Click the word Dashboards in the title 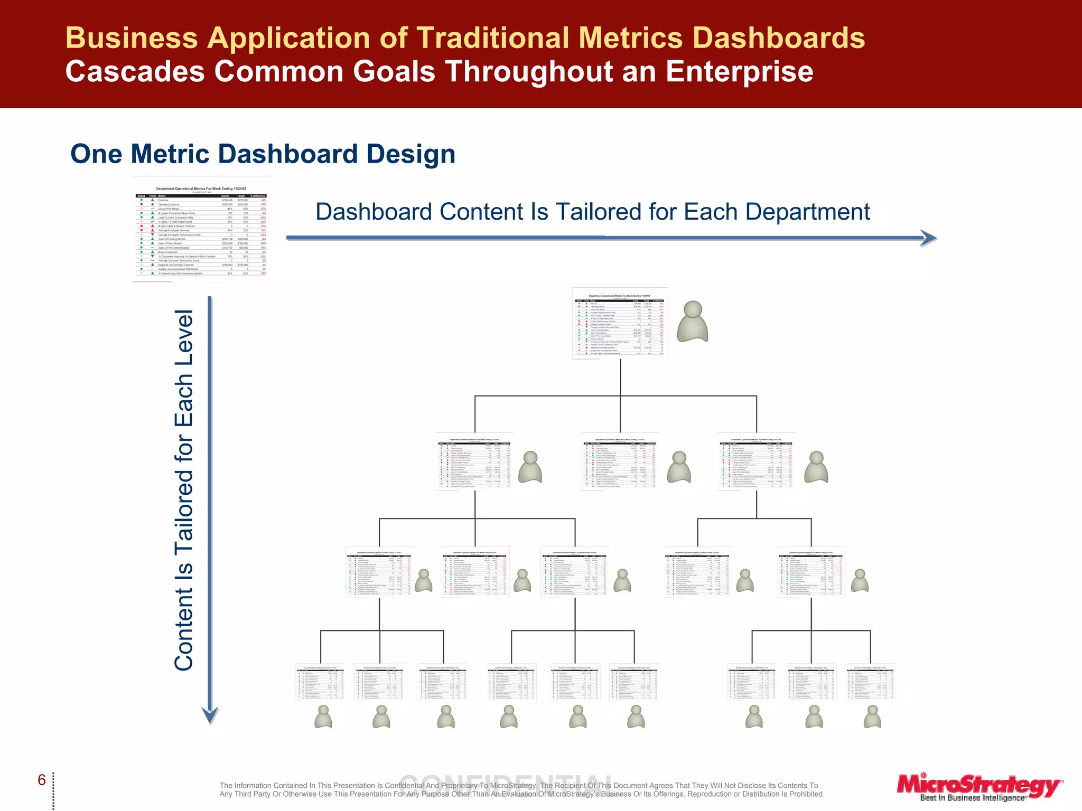pyautogui.click(x=778, y=38)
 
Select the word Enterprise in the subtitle pyautogui.click(x=739, y=71)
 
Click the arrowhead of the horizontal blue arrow pyautogui.click(x=928, y=238)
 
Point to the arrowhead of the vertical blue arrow pyautogui.click(x=210, y=715)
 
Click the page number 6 pyautogui.click(x=42, y=780)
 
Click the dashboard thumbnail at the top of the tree pyautogui.click(x=620, y=323)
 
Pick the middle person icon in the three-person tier pyautogui.click(x=679, y=467)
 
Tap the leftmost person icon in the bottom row pyautogui.click(x=323, y=717)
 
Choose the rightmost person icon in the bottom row pyautogui.click(x=872, y=717)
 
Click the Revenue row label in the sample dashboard pyautogui.click(x=163, y=200)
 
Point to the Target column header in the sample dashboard pyautogui.click(x=241, y=196)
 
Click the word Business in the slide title pyautogui.click(x=132, y=38)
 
